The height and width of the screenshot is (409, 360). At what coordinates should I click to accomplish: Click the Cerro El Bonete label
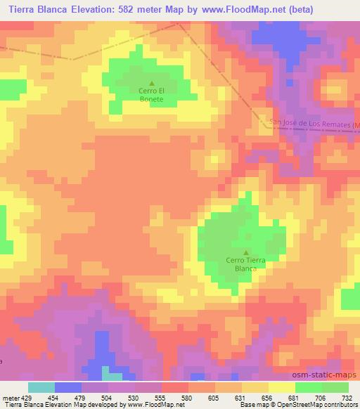[x=151, y=95]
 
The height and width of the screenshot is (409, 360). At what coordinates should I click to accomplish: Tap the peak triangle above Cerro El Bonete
[x=151, y=83]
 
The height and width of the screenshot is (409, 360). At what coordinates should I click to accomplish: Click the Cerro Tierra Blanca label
[x=245, y=264]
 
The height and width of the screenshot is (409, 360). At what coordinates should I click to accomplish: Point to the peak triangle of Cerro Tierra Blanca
[x=245, y=252]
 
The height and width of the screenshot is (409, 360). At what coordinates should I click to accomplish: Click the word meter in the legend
[x=10, y=398]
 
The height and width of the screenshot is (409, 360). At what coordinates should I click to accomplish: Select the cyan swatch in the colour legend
[x=41, y=387]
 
